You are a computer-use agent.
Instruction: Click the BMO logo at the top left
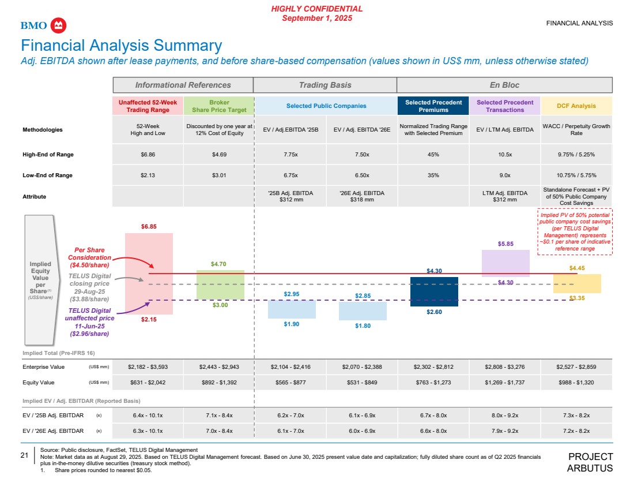pos(44,25)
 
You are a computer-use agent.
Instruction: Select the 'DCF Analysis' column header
pos(576,106)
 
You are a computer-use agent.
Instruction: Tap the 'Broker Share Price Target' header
pos(218,106)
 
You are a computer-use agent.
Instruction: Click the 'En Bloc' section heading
pos(504,85)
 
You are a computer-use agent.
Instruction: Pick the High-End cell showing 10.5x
pos(505,155)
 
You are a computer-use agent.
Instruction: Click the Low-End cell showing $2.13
pos(148,175)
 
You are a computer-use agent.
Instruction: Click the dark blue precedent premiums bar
pos(434,291)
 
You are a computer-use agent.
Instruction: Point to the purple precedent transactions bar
pos(505,263)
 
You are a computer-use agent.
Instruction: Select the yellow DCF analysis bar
pos(577,283)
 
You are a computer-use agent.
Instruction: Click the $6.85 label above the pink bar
pos(149,227)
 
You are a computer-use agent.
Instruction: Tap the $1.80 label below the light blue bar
pos(363,326)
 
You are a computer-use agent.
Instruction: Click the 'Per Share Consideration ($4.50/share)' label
pos(89,257)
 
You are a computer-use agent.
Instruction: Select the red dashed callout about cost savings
pos(575,232)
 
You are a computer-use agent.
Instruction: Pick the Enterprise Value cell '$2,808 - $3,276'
pos(505,366)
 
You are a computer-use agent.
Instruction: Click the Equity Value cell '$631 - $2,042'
pos(148,382)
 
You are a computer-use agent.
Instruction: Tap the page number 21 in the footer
pos(25,455)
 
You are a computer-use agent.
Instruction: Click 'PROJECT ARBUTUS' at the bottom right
pos(590,462)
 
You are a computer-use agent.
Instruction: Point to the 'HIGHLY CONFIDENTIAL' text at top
pos(317,9)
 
